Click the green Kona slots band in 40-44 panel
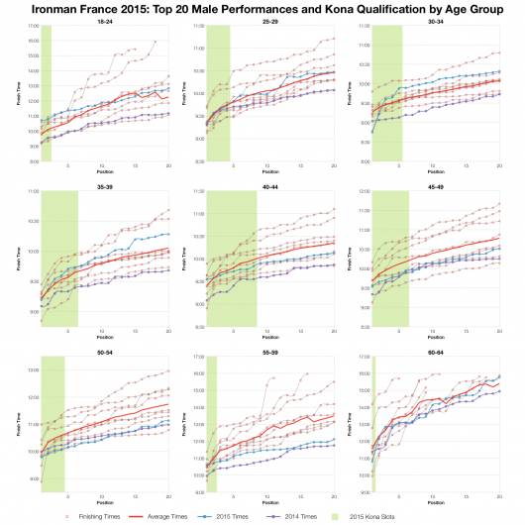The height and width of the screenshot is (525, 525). click(231, 258)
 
